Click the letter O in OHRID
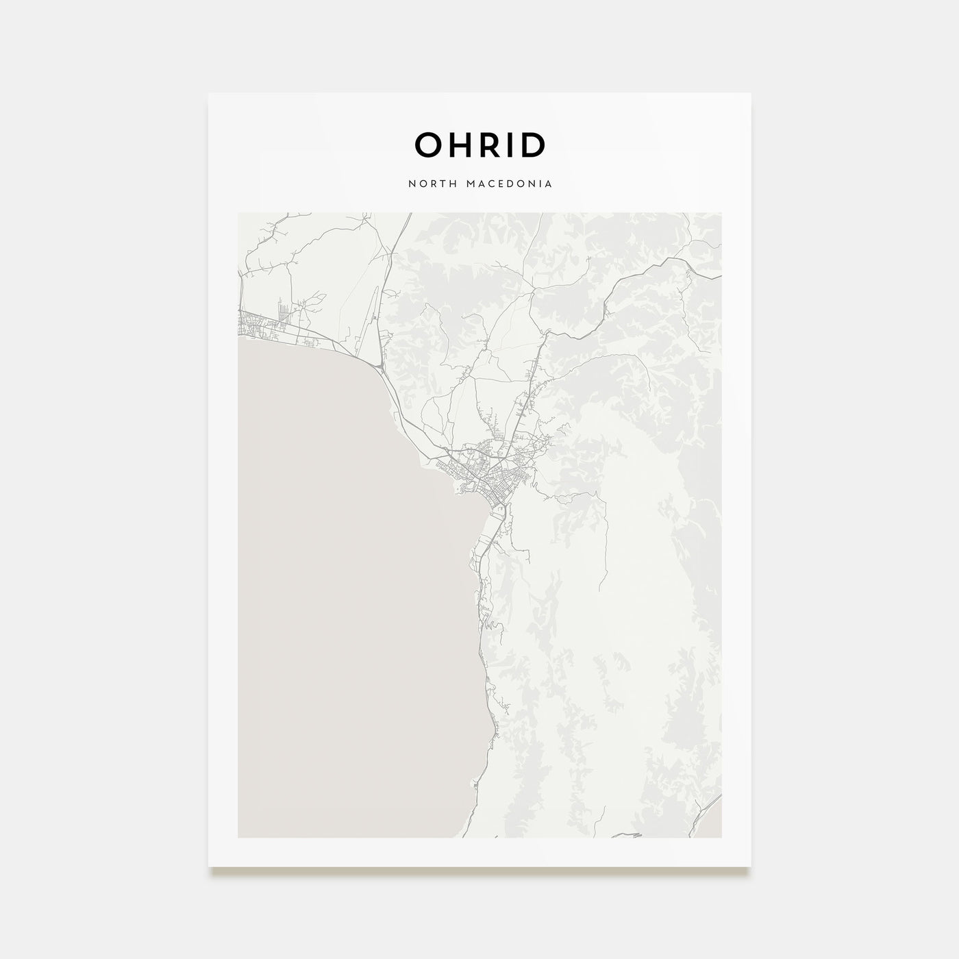pos(429,145)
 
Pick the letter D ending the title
pos(533,145)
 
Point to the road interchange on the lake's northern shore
pos(379,371)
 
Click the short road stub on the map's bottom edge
pos(627,835)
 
